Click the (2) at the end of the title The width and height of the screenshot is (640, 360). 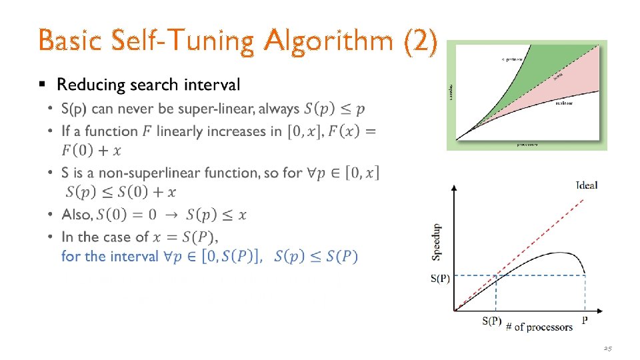[421, 41]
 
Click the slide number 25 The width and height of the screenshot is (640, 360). [607, 348]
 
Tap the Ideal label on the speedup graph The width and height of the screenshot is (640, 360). [587, 185]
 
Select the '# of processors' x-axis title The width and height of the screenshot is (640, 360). [539, 327]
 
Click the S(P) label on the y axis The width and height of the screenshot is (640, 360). [440, 279]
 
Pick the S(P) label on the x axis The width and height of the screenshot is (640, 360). [491, 321]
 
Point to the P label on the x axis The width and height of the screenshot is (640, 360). [585, 321]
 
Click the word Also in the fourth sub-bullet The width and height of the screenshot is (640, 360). [76, 215]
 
